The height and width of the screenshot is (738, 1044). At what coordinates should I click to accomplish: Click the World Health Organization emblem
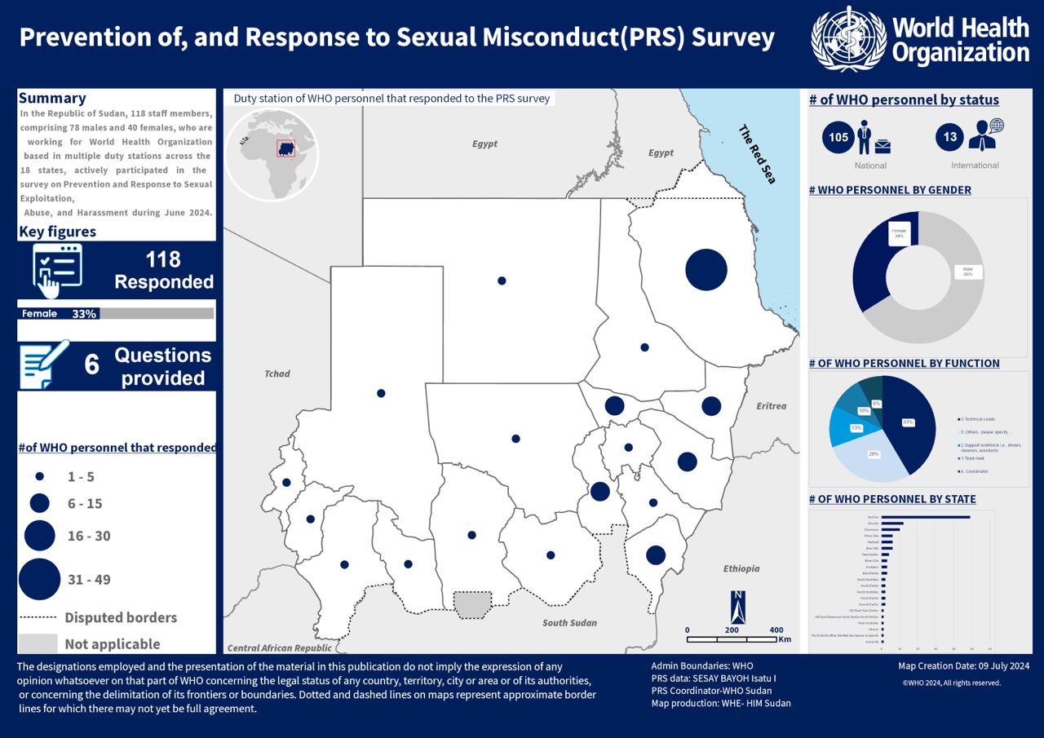848,38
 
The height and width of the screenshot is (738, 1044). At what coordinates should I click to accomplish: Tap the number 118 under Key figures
163,260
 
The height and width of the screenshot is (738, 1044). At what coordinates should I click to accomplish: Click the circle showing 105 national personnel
838,137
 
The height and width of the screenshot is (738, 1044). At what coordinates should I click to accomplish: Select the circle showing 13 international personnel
950,137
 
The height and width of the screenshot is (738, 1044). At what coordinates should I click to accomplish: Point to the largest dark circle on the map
706,270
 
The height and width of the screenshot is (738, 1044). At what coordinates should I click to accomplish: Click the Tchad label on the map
277,374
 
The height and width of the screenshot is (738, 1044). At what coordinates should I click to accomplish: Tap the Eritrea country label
771,406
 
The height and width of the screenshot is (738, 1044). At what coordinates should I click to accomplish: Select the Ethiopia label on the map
741,568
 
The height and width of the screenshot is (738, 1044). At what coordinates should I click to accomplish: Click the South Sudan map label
570,623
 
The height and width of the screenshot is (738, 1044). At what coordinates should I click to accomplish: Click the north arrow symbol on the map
738,608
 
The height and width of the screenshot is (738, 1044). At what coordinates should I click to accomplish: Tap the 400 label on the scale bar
776,630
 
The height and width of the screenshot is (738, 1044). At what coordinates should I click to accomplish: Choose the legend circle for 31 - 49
38,579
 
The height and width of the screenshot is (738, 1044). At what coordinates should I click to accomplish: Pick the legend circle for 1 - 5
39,476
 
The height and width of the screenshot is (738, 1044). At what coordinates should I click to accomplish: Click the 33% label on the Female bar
84,314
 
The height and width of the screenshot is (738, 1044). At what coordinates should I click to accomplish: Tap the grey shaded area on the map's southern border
474,604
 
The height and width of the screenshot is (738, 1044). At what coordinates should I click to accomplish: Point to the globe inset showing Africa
272,155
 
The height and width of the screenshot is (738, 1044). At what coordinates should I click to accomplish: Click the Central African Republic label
280,648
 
